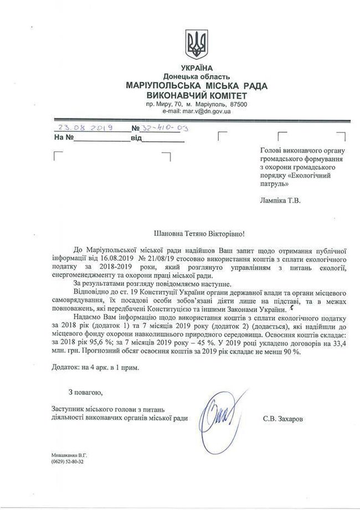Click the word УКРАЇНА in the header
[x=196, y=68]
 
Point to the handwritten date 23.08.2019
[x=85, y=127]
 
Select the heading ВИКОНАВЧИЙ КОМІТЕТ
[x=197, y=95]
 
